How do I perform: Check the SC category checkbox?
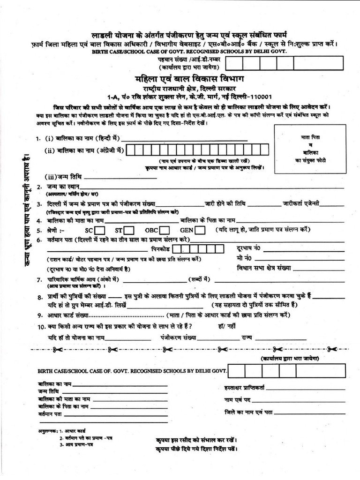[x=99, y=230]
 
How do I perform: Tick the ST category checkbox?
[x=129, y=230]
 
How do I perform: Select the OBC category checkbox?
[x=164, y=230]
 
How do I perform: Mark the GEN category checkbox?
[x=200, y=230]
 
